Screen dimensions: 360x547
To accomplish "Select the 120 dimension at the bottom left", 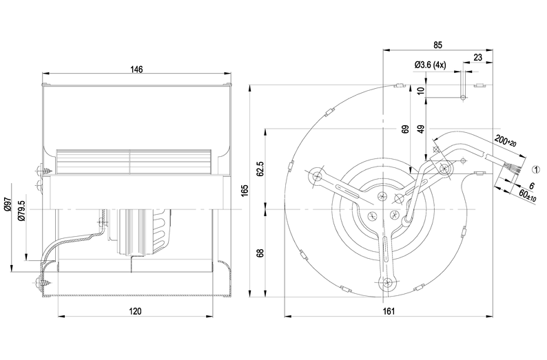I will pyautogui.click(x=135, y=311).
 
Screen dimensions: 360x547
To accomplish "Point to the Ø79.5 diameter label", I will pyautogui.click(x=23, y=209).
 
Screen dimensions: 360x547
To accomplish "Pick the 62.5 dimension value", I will pyautogui.click(x=260, y=169).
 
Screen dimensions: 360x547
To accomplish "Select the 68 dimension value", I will pyautogui.click(x=260, y=253).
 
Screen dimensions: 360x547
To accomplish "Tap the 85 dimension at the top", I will pyautogui.click(x=437, y=45).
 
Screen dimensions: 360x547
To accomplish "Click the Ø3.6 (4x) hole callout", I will pyautogui.click(x=431, y=65).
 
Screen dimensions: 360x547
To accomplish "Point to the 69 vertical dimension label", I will pyautogui.click(x=406, y=129).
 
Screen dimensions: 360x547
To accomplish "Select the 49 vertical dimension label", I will pyautogui.click(x=421, y=129).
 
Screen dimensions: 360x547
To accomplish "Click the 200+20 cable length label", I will pyautogui.click(x=506, y=142).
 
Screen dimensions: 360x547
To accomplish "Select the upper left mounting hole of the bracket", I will pyautogui.click(x=318, y=177).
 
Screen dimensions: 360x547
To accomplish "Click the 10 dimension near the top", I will pyautogui.click(x=421, y=90).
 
